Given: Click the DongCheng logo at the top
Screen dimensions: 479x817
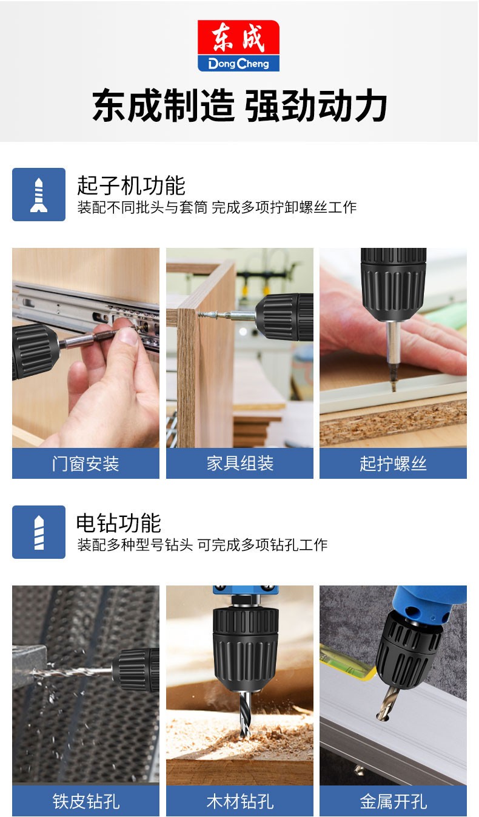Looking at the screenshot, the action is pos(238,45).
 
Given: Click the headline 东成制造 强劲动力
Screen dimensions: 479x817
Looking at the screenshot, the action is pos(239,106).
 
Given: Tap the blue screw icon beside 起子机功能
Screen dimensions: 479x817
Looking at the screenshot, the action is pos(39,195).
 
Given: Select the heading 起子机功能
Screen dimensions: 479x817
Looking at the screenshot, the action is pos(131,185).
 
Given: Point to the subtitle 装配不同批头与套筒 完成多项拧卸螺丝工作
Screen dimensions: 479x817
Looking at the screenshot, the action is pos(216,207).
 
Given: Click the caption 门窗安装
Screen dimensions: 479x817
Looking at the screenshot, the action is pos(85,464).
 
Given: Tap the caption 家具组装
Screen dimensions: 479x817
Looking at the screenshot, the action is pos(239,464).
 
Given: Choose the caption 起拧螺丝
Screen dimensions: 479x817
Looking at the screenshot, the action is pos(393,464).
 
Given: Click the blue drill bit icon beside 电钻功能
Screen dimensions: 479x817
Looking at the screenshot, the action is pos(39,532).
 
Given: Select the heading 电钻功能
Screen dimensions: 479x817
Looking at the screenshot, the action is pos(119,523).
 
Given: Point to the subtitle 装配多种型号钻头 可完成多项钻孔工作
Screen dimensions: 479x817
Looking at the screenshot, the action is pos(202,545).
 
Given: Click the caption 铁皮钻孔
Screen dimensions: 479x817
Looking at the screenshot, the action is pos(85,801).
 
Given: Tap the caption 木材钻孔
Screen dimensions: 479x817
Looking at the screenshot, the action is pos(239,801).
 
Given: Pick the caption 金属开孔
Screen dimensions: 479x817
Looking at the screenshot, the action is pos(393,801).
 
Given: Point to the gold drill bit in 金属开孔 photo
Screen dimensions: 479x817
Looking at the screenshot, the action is pos(387,702).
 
